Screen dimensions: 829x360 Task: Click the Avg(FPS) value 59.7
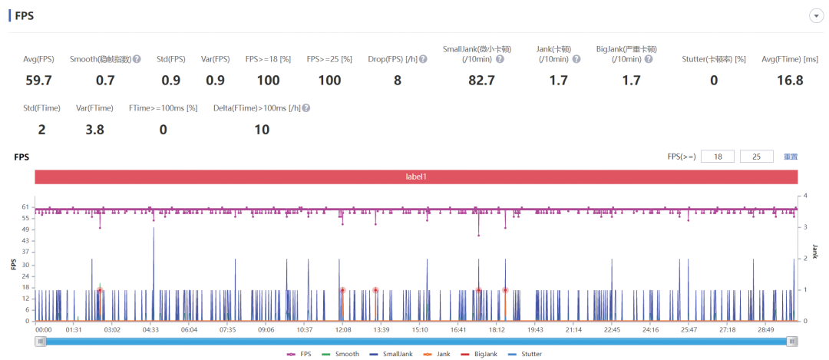[38, 81]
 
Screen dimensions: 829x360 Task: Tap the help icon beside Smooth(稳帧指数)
[137, 59]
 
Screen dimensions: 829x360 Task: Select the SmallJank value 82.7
[481, 81]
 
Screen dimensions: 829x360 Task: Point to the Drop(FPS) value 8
[397, 81]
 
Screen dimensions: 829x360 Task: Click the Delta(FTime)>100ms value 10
[261, 130]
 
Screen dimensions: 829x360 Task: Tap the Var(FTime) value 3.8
[94, 130]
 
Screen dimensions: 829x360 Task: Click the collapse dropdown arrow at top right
[816, 16]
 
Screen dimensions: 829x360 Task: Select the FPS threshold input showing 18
[718, 157]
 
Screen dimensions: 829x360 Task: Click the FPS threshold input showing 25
[757, 157]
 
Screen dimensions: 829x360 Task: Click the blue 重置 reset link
[791, 157]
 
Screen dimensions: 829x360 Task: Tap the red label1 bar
[416, 177]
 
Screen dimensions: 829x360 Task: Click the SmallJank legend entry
[391, 354]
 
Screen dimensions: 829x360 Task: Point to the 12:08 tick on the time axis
[342, 330]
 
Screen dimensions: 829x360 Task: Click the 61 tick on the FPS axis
[25, 207]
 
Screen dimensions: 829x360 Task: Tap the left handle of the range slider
[41, 342]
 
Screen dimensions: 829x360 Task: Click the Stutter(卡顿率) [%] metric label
[714, 59]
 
